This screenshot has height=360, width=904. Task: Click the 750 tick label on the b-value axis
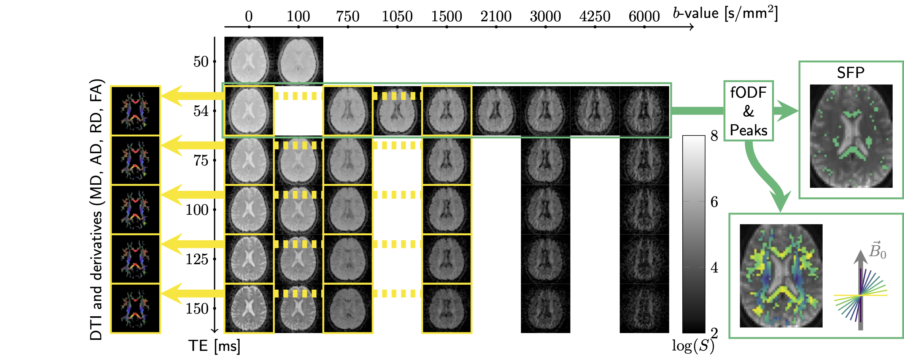(x=348, y=16)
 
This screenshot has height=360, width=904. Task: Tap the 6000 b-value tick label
(x=644, y=16)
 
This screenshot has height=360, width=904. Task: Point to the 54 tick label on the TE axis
(x=201, y=111)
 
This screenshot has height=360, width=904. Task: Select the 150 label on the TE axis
(x=197, y=308)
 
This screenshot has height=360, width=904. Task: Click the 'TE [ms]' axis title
(x=214, y=346)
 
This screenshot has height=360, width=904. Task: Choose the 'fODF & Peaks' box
(x=748, y=111)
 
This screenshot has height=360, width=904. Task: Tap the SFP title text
(x=850, y=73)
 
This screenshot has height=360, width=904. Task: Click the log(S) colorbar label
(x=693, y=346)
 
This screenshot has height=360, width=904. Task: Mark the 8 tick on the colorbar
(x=714, y=136)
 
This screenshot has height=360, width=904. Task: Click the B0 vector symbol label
(x=877, y=251)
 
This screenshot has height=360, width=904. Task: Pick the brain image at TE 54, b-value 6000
(x=644, y=111)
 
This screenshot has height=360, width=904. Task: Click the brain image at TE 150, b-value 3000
(x=545, y=308)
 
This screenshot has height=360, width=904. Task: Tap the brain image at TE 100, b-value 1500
(x=446, y=209)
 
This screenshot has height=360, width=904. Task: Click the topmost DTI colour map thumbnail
(x=135, y=110)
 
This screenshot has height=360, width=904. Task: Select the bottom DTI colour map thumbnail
(x=135, y=308)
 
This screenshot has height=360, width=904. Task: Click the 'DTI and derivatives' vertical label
(x=96, y=209)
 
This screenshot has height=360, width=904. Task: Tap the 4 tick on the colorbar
(x=714, y=268)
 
